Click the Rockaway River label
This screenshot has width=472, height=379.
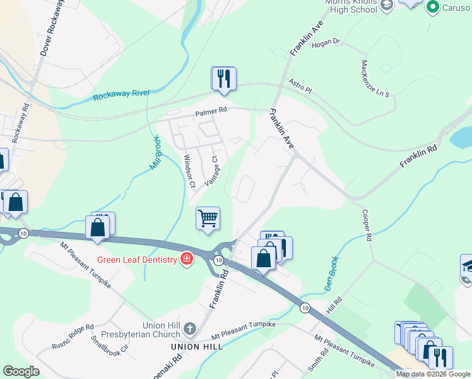click(122, 95)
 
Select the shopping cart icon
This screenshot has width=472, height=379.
click(208, 219)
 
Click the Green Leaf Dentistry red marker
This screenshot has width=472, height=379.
click(187, 259)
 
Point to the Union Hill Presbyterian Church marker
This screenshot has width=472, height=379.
click(190, 328)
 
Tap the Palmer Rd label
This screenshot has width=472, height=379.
click(211, 112)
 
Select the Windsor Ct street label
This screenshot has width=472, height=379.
click(189, 171)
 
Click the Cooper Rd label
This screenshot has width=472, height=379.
click(365, 226)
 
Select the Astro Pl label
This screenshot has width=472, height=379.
click(300, 85)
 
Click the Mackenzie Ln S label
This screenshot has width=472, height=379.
click(375, 78)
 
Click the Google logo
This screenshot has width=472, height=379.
click(21, 371)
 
